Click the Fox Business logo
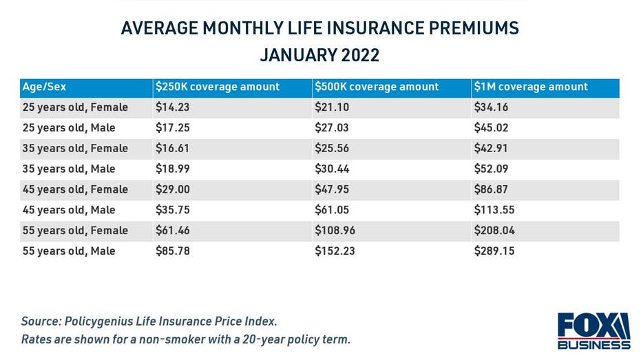tap(593, 331)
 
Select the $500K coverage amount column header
tap(377, 87)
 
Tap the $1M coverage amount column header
tap(531, 87)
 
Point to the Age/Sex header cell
tap(45, 87)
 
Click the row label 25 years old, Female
tap(75, 107)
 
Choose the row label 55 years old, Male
tap(69, 251)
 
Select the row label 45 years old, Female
tap(75, 189)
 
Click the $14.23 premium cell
tap(172, 107)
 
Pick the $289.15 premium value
tap(494, 251)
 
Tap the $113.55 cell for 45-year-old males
tap(494, 210)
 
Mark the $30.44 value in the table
tap(332, 169)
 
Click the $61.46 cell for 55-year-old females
tap(172, 231)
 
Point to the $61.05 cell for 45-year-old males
tap(332, 210)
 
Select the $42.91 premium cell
tap(492, 148)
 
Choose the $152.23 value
tap(335, 251)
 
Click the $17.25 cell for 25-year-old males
tap(172, 128)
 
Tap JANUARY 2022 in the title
tap(319, 55)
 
